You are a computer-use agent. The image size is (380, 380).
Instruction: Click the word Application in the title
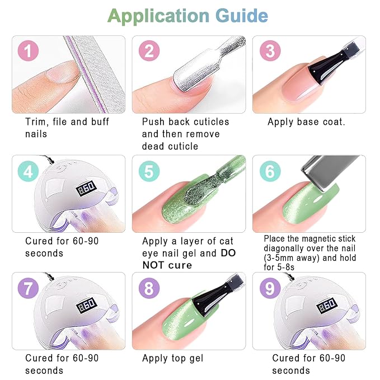point(158,16)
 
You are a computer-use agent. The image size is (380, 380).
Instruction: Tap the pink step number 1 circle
point(29,52)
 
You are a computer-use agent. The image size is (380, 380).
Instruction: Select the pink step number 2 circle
point(149,52)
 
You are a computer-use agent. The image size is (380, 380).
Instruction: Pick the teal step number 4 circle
point(29,171)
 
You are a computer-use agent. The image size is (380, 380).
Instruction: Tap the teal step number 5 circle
point(149,171)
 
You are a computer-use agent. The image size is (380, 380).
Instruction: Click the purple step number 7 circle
point(29,289)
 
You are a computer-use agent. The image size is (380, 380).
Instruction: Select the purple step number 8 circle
point(149,289)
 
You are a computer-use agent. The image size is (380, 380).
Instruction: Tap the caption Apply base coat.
point(306,122)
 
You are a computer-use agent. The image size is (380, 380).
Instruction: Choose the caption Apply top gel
point(172,358)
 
